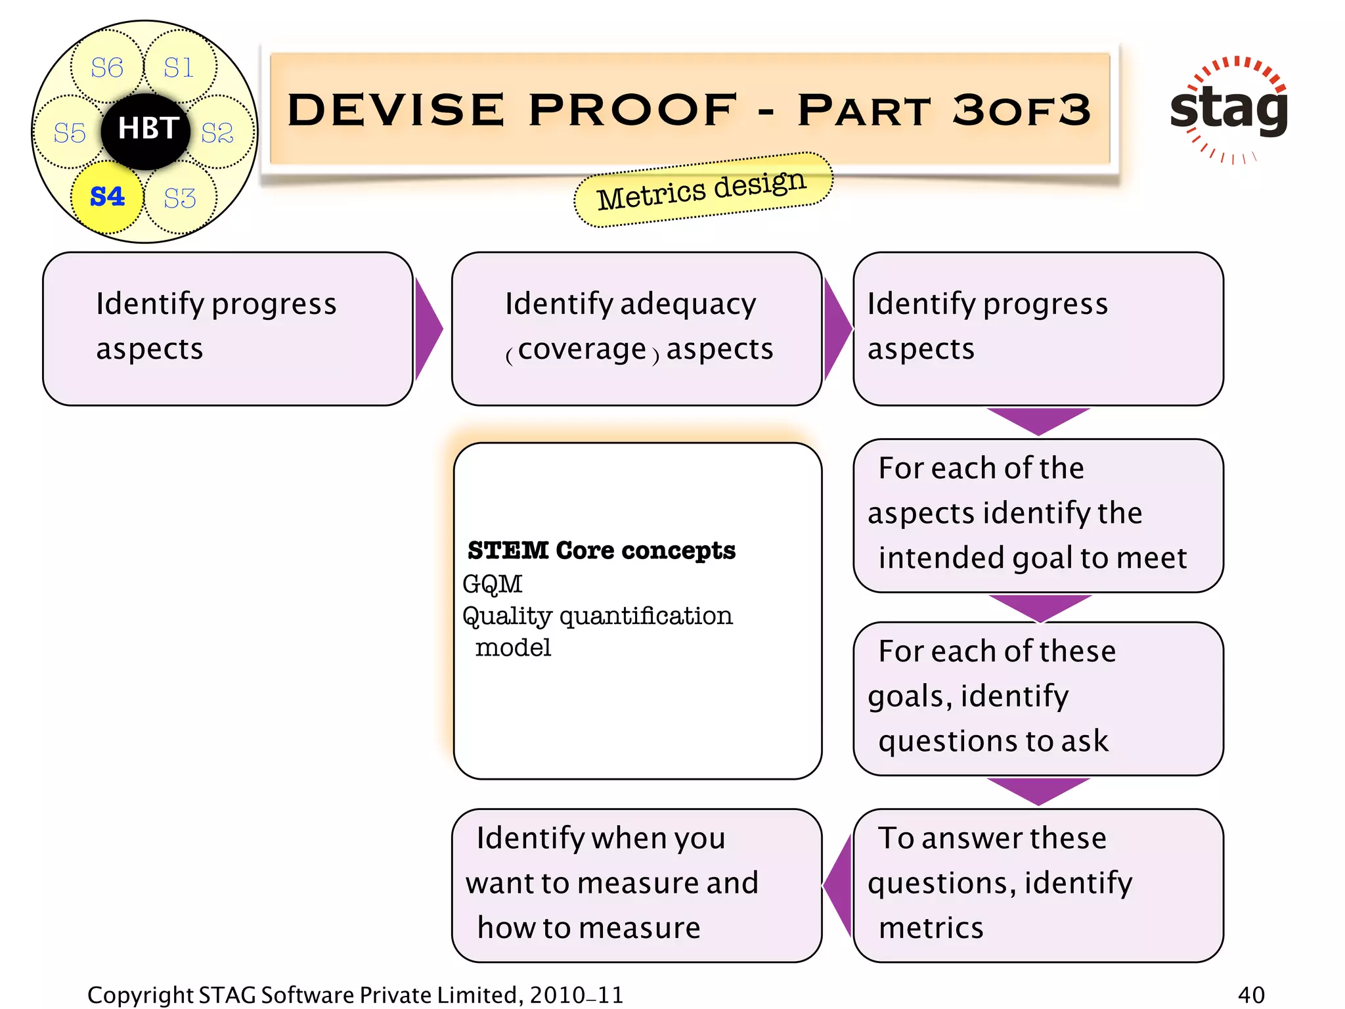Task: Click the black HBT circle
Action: click(x=146, y=130)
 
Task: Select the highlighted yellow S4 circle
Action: click(x=107, y=197)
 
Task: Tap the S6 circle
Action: click(x=106, y=68)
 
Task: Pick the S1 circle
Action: click(x=179, y=68)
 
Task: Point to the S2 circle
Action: click(x=217, y=133)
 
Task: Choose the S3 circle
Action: click(x=180, y=198)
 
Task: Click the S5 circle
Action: click(x=70, y=133)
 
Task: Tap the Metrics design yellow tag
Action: click(x=702, y=190)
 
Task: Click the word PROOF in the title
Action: click(x=633, y=110)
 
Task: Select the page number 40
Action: click(x=1251, y=995)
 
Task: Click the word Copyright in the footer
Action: click(x=140, y=995)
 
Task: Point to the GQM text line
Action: click(x=493, y=584)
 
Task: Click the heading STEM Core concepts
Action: click(x=601, y=550)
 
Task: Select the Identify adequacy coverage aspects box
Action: click(x=636, y=328)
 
